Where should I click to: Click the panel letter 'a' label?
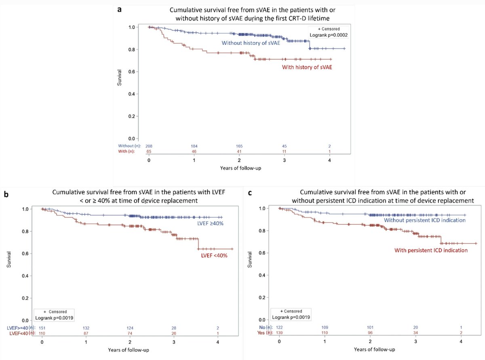tap(120, 10)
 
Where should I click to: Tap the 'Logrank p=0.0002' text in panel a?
tap(327, 35)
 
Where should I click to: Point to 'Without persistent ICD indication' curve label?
tap(425, 220)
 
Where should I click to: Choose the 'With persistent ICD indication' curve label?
tap(431, 250)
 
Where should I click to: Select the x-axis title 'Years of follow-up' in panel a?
tap(240, 167)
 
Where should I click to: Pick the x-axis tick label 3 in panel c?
tap(416, 341)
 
